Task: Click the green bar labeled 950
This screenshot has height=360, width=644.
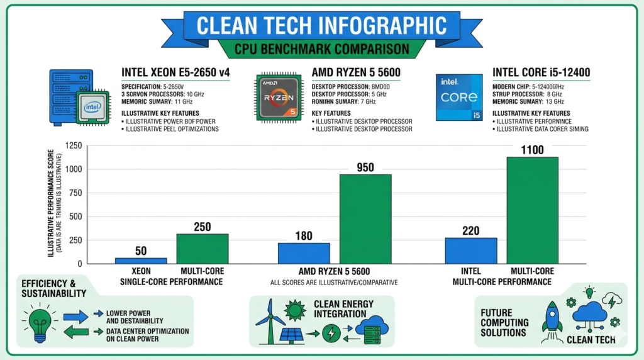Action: click(x=365, y=219)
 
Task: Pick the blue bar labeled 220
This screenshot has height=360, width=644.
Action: click(x=471, y=250)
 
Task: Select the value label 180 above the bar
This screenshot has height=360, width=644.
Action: click(x=304, y=235)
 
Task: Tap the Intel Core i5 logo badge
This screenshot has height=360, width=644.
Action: click(x=459, y=97)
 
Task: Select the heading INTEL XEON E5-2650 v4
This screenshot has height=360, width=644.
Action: click(x=175, y=73)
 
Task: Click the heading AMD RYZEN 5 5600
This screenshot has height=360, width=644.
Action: click(x=356, y=73)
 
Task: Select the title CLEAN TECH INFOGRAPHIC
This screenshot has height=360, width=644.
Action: click(x=322, y=25)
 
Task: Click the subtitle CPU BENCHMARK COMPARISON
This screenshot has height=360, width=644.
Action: click(x=322, y=49)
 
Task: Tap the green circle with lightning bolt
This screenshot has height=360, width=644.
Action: click(x=331, y=333)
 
